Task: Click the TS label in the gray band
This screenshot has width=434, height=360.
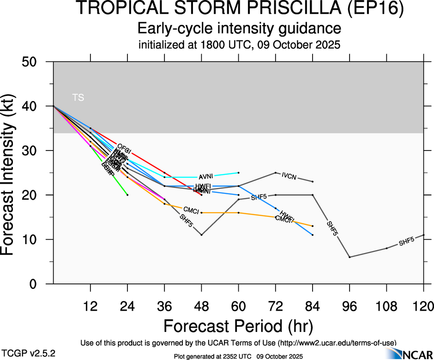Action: [78, 97]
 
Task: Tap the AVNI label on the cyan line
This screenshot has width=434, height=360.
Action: [205, 177]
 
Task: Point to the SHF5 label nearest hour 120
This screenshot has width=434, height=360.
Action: [406, 241]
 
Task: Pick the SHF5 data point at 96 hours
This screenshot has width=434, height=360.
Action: [350, 257]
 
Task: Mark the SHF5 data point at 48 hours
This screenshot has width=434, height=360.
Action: [201, 235]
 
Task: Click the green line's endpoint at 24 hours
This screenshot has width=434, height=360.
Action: [127, 195]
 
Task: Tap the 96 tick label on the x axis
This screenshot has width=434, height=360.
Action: [350, 306]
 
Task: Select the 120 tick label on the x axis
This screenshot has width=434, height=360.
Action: [423, 306]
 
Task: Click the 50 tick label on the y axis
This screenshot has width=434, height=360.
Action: [33, 62]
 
